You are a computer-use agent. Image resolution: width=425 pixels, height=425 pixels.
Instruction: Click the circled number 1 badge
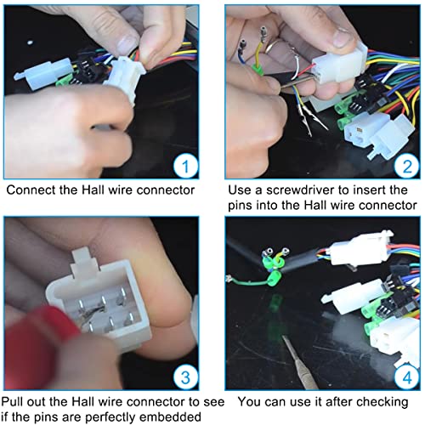click(x=185, y=166)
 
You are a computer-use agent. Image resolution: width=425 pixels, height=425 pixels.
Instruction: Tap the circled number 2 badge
click(x=407, y=166)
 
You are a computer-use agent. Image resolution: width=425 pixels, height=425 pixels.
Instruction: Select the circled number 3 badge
click(x=185, y=377)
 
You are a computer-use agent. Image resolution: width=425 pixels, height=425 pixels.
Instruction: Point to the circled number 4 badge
click(x=407, y=377)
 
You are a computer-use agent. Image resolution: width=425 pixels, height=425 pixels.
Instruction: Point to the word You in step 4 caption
click(x=249, y=402)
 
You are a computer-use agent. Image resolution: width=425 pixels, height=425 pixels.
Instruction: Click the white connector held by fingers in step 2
click(x=338, y=65)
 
